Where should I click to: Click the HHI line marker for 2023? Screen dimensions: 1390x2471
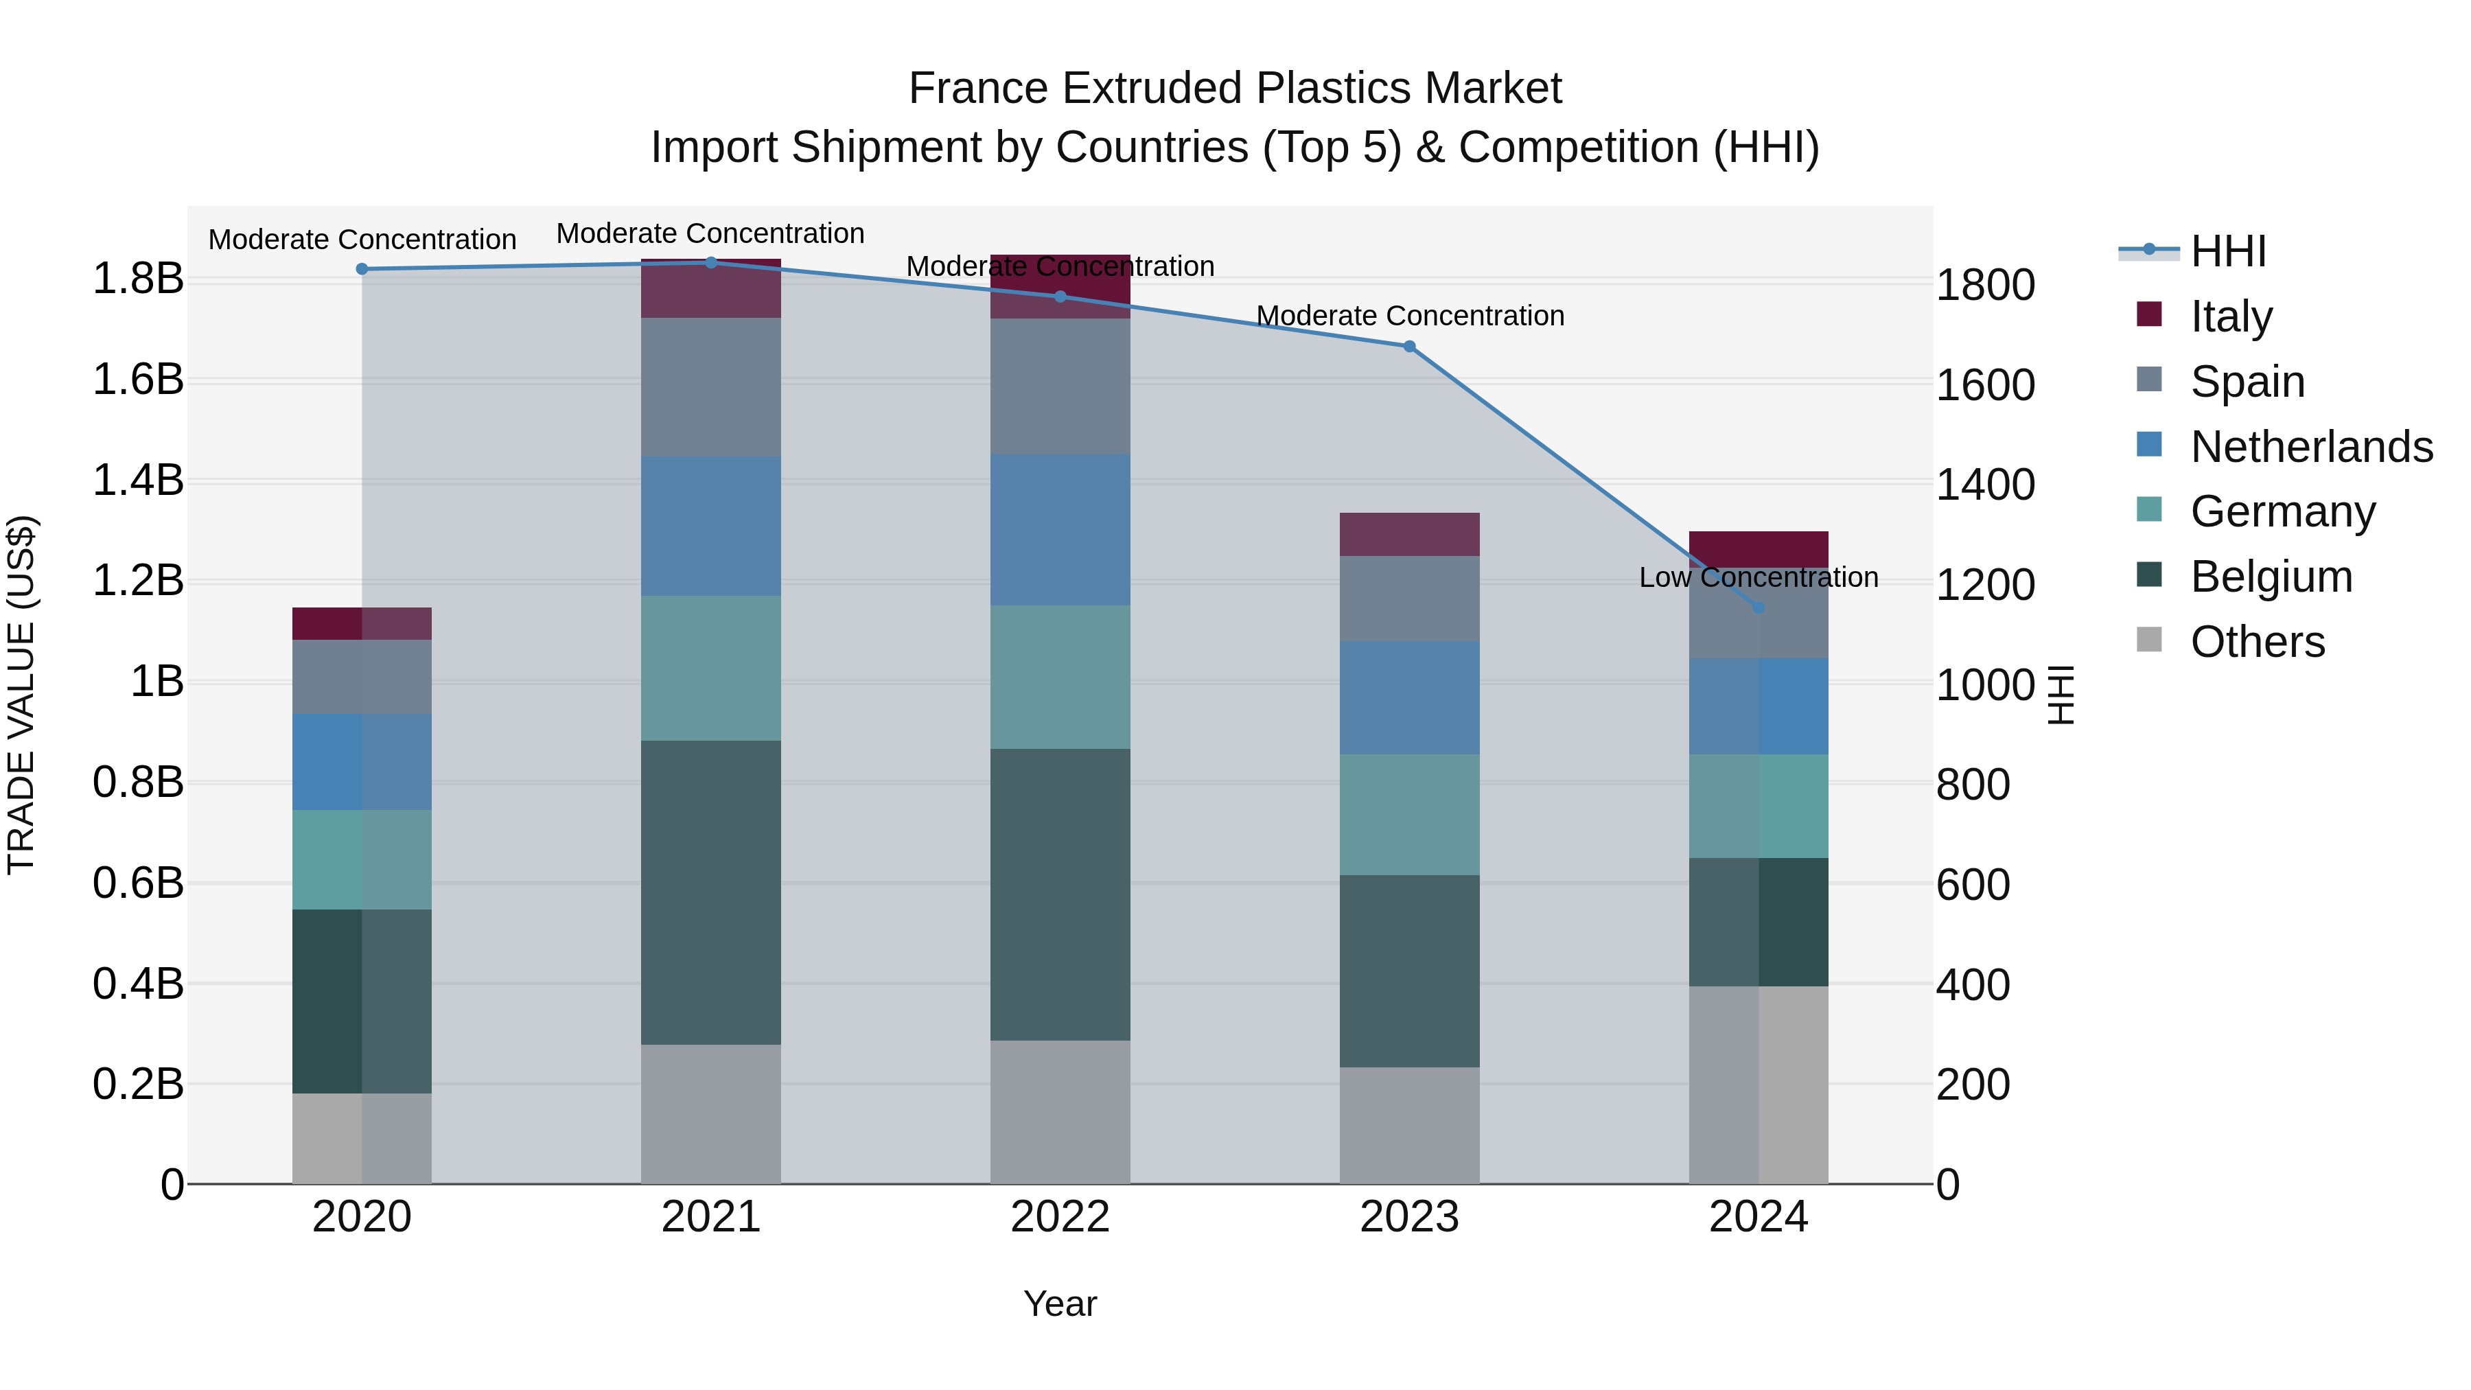tap(1409, 347)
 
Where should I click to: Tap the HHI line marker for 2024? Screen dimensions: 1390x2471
tap(1759, 607)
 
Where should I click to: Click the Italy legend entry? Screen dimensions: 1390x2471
tap(2230, 316)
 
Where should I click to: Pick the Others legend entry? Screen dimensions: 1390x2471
tap(2257, 642)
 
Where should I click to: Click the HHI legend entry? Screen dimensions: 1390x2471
tap(2227, 251)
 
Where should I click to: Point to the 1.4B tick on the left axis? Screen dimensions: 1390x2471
tap(138, 480)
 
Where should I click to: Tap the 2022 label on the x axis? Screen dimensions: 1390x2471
tap(1060, 1217)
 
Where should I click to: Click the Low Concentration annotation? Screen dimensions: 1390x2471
tap(1759, 577)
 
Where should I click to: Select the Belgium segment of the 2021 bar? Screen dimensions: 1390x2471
tap(711, 892)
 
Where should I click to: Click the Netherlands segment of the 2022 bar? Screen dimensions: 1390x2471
tap(1060, 529)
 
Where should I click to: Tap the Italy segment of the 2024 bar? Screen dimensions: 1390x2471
tap(1759, 548)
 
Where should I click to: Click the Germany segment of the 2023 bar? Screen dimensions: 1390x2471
tap(1409, 814)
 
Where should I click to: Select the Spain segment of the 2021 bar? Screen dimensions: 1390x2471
tap(711, 388)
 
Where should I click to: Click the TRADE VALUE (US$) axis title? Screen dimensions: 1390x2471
tap(22, 695)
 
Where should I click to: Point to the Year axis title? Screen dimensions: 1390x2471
tap(1060, 1304)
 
